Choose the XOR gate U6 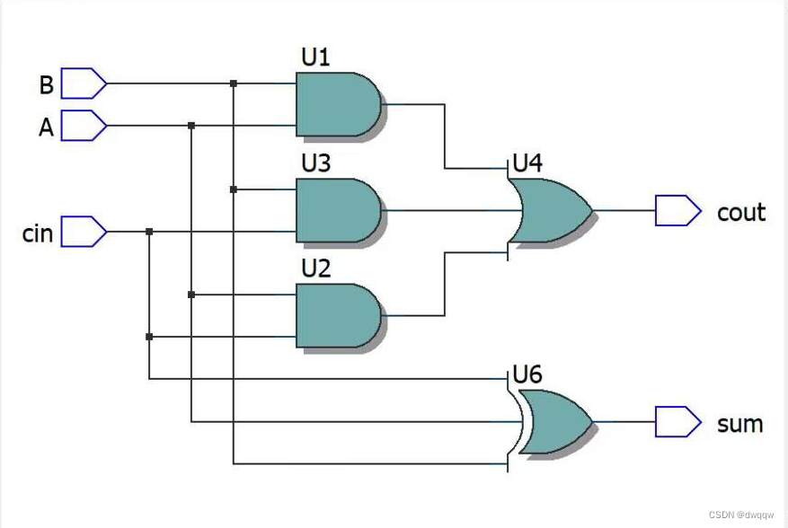[553, 422]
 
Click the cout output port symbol [677, 211]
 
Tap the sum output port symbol [677, 422]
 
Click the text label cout [740, 213]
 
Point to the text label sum [739, 424]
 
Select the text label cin [38, 233]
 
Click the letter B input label [46, 85]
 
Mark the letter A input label [46, 128]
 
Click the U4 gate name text [527, 163]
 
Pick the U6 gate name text [527, 374]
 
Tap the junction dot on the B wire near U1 [234, 84]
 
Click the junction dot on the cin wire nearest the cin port [149, 232]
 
